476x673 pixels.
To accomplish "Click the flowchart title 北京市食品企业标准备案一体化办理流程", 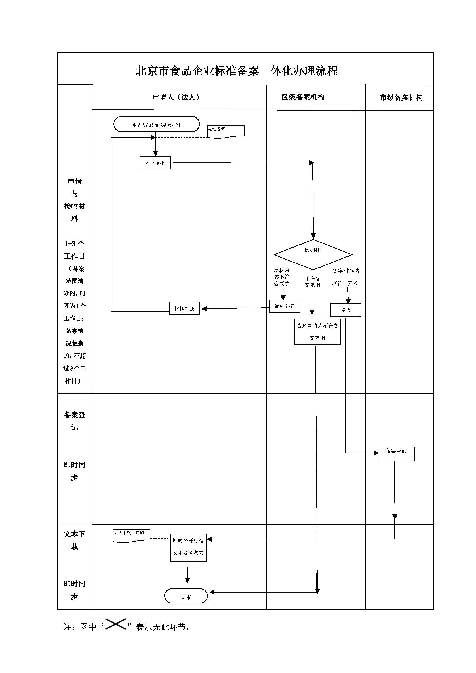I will tap(237, 71).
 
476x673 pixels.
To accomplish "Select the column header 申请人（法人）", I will tap(176, 97).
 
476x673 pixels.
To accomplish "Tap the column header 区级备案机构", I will tap(303, 97).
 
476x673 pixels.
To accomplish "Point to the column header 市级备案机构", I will tap(401, 98).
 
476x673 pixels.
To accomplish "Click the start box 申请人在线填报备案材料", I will tap(157, 124).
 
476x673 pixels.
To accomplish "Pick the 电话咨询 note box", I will tap(225, 131).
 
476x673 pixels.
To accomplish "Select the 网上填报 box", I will tap(155, 163).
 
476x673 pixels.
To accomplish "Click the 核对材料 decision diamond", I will tap(313, 254).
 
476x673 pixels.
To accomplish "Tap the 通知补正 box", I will tap(285, 306).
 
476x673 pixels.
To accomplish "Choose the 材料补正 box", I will tap(184, 308).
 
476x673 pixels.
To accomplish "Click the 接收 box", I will tap(345, 310).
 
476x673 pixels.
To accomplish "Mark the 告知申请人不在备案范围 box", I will tap(317, 332).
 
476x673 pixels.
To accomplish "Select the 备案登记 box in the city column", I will tap(396, 454).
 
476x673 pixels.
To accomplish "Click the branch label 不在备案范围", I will tap(313, 282).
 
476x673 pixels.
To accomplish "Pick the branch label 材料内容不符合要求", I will tap(282, 277).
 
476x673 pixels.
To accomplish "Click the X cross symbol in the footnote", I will tap(115, 624).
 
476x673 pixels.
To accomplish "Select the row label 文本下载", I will tap(75, 540).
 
